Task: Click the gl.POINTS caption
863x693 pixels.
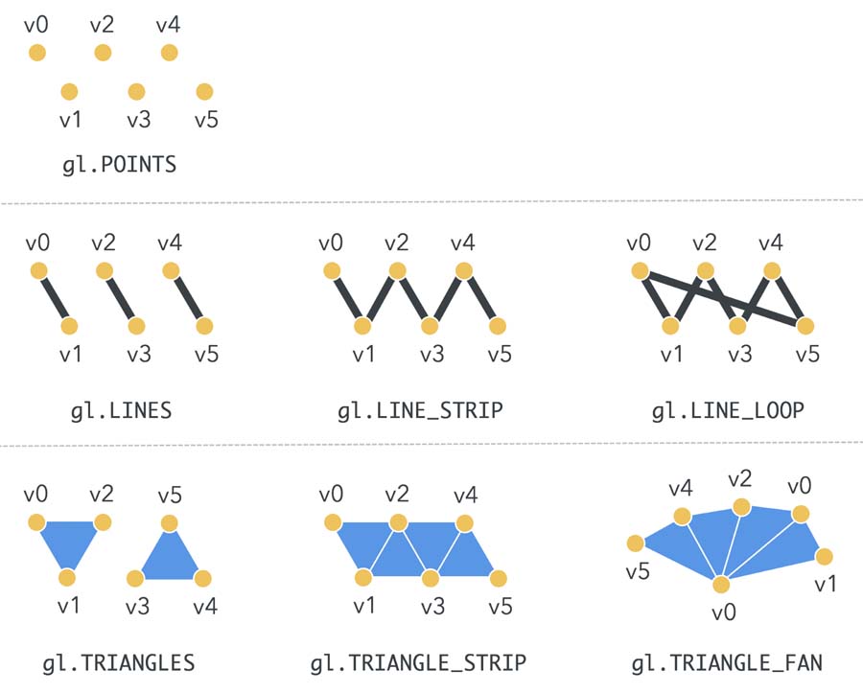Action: click(x=119, y=164)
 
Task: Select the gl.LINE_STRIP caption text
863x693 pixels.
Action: click(x=420, y=411)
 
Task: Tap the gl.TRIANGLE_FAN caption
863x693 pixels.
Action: click(x=726, y=662)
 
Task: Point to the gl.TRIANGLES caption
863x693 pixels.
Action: click(x=119, y=662)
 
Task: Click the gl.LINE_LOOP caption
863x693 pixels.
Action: click(x=727, y=411)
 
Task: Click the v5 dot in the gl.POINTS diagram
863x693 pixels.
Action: click(x=203, y=92)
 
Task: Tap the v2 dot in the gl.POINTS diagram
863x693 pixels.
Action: click(x=102, y=53)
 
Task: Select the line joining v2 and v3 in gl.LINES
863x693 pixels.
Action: click(x=119, y=298)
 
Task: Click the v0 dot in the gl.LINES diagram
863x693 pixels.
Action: click(x=37, y=271)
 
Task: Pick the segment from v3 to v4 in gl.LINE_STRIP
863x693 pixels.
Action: click(x=447, y=298)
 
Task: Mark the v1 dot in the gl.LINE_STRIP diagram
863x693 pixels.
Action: click(x=362, y=326)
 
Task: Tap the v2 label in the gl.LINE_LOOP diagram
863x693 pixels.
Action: click(x=706, y=243)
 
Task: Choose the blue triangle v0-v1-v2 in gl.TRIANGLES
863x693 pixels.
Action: click(x=67, y=541)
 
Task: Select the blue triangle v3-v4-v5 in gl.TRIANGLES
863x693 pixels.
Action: click(x=169, y=562)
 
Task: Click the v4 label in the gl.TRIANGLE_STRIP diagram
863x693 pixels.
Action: click(x=464, y=496)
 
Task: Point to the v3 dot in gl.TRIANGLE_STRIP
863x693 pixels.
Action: click(x=431, y=578)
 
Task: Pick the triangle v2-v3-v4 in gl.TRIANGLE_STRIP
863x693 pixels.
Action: click(x=431, y=544)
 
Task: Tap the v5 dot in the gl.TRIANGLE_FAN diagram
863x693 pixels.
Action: click(x=635, y=544)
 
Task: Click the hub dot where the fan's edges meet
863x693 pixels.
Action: click(x=721, y=584)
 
